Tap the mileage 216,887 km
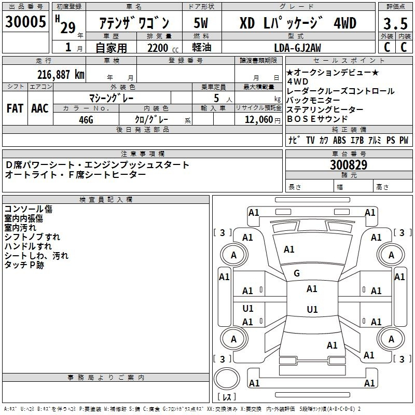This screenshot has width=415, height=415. coord(61,74)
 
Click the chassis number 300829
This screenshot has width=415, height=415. coord(349,165)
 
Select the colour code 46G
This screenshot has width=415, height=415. coord(86,119)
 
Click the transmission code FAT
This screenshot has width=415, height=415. coord(15,108)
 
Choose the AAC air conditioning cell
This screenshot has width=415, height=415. coord(40,108)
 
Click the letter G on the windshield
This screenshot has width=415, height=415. coord(297,273)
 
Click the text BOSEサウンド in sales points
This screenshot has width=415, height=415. coord(317,118)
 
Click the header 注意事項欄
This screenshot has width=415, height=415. coord(143,154)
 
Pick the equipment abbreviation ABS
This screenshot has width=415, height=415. coord(339,141)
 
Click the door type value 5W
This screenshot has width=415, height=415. coord(201,23)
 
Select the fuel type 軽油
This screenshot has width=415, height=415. coord(201,48)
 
